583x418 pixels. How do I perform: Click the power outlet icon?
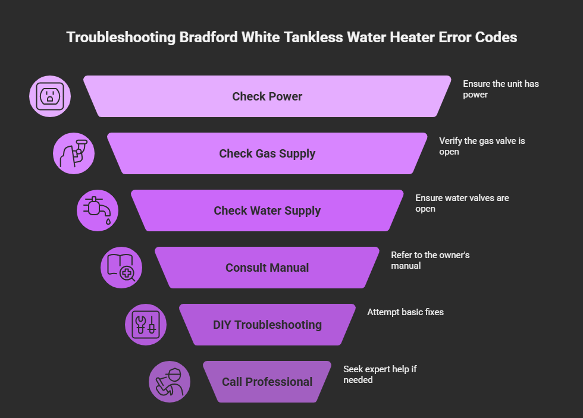point(50,96)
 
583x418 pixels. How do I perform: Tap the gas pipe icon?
point(74,153)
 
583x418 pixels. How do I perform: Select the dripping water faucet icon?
point(98,210)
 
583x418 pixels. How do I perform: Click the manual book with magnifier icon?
point(121,268)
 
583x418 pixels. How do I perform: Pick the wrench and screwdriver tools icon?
point(146,325)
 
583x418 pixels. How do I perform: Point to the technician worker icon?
point(170,382)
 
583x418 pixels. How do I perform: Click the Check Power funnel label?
point(267,96)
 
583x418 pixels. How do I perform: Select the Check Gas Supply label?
point(267,153)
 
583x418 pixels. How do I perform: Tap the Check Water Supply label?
point(267,210)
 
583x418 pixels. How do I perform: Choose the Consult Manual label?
point(267,268)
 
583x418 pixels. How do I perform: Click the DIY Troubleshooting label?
point(267,325)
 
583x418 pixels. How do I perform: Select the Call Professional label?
point(267,382)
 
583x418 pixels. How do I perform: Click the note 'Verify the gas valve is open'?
point(482,146)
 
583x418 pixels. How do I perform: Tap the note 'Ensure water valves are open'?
point(462,203)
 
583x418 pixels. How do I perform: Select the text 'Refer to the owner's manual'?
point(430,260)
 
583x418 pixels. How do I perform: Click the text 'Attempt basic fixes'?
point(405,312)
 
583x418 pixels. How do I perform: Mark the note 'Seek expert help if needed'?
point(380,374)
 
